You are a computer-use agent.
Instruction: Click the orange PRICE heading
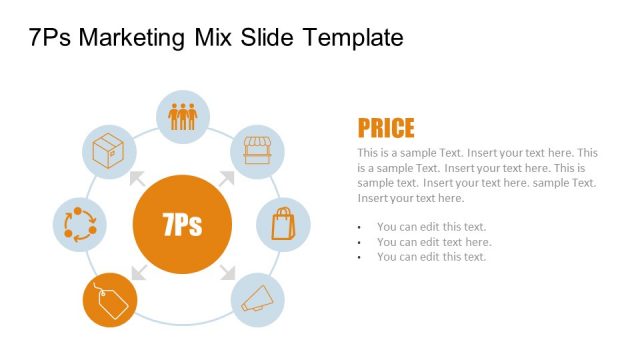[x=386, y=128]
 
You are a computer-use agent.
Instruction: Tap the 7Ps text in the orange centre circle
[x=181, y=224]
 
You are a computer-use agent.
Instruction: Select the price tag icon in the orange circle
[x=109, y=300]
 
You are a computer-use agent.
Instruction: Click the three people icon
[x=183, y=116]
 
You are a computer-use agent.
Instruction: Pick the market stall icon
[x=258, y=151]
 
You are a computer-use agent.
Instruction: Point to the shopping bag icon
[x=284, y=223]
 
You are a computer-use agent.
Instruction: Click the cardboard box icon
[x=107, y=151]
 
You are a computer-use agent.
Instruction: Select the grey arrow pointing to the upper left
[x=137, y=179]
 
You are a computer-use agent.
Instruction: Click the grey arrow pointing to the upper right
[x=227, y=179]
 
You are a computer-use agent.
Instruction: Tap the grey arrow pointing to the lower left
[x=137, y=270]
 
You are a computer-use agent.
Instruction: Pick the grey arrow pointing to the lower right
[x=227, y=270]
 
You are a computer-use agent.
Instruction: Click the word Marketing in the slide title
[x=132, y=38]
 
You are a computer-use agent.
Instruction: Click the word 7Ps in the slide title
[x=50, y=38]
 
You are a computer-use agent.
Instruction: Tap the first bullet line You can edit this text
[x=431, y=226]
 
